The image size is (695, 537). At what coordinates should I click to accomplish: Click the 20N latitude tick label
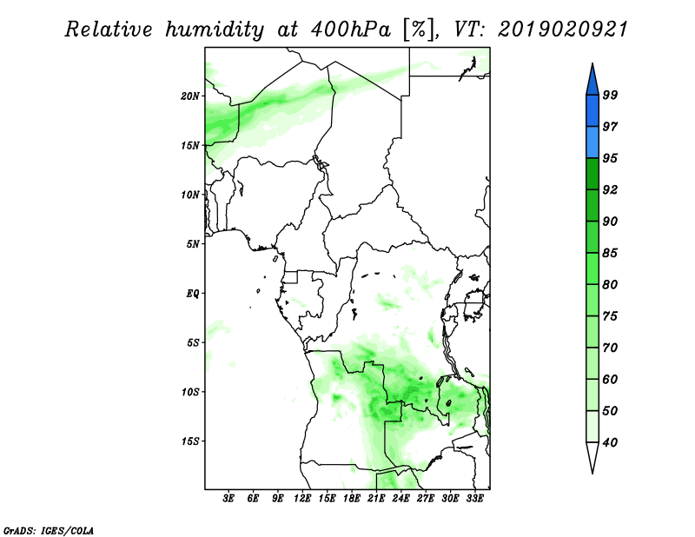[x=190, y=96]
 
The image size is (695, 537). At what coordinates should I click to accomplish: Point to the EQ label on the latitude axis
[x=193, y=294]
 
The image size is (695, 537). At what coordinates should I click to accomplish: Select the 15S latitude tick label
[x=190, y=441]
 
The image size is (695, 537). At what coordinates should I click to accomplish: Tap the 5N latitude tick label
[x=193, y=244]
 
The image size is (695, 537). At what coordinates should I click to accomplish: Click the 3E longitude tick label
[x=228, y=499]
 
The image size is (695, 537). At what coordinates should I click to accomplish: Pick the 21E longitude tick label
[x=376, y=499]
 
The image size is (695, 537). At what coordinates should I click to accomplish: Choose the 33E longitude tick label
[x=474, y=499]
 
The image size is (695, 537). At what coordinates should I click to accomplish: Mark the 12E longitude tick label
[x=302, y=499]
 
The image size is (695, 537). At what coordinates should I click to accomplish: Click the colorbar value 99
[x=610, y=95]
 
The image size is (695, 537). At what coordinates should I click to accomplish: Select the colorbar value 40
[x=610, y=442]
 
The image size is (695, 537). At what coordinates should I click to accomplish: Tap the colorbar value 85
[x=610, y=253]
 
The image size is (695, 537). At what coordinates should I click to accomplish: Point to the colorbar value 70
[x=610, y=348]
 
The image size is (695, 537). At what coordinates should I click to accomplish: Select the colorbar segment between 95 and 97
[x=592, y=143]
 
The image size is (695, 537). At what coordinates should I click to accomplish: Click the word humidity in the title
[x=215, y=30]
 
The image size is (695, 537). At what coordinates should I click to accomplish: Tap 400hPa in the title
[x=351, y=30]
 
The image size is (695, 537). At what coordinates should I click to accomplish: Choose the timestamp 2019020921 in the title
[x=563, y=30]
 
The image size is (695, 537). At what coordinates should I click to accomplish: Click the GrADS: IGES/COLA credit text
[x=49, y=530]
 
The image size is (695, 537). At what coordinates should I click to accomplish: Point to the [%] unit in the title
[x=419, y=30]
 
